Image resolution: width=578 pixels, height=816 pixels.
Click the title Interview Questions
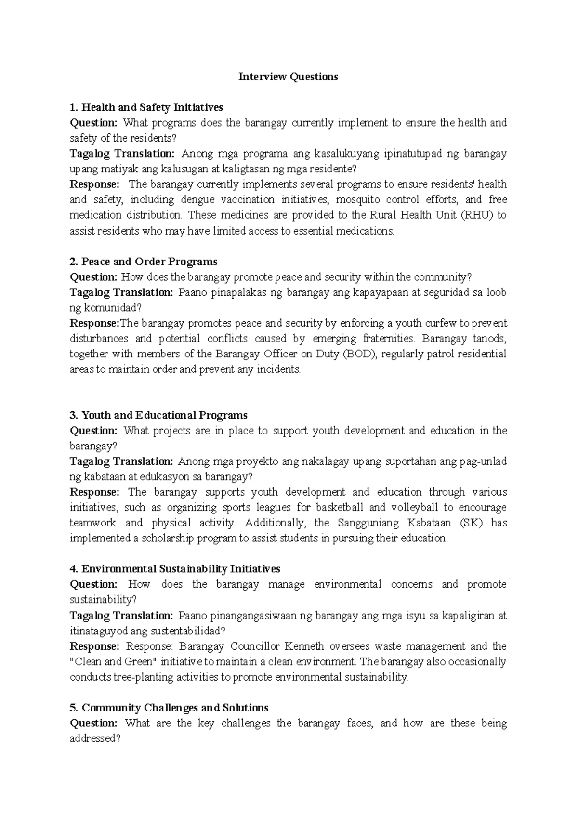click(x=288, y=77)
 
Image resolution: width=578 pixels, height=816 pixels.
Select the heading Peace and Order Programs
click(x=144, y=262)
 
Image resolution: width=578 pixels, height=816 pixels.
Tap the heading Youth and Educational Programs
click(x=158, y=415)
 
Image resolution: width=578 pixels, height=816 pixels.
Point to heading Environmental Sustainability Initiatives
click(x=175, y=569)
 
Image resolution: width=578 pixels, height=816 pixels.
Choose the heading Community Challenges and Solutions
click(x=169, y=708)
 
